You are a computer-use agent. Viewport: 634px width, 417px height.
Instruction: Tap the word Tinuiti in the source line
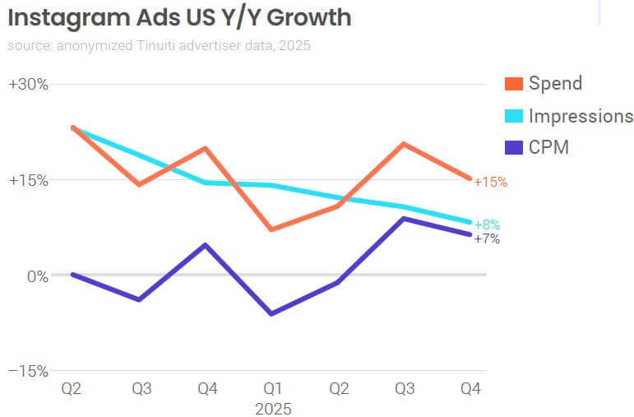[173, 45]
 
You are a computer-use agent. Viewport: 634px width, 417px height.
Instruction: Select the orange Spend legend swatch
[514, 83]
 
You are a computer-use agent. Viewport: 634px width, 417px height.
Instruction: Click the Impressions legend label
[581, 116]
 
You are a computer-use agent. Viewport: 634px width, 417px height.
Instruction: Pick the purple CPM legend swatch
[514, 148]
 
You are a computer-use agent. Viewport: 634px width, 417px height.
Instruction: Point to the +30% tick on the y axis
[29, 84]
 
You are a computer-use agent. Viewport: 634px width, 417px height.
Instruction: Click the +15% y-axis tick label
[29, 180]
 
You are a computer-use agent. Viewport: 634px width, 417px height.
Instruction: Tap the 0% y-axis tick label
[38, 276]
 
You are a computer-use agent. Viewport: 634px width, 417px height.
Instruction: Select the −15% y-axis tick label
[29, 372]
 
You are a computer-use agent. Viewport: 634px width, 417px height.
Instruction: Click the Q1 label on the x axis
[271, 389]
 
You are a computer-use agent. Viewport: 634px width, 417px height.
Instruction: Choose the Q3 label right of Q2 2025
[405, 389]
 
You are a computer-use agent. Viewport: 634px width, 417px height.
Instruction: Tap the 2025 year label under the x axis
[271, 408]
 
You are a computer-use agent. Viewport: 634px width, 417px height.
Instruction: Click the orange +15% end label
[491, 182]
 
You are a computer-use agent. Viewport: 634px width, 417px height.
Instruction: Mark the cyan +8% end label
[487, 225]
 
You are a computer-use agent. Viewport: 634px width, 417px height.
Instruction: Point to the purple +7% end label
[487, 239]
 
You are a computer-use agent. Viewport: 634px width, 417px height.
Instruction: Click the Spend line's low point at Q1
[271, 229]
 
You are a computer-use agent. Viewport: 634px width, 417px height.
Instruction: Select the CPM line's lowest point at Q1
[271, 313]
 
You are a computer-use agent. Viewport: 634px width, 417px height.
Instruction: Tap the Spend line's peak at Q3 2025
[405, 144]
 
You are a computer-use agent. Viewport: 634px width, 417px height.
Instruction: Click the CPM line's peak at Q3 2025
[405, 218]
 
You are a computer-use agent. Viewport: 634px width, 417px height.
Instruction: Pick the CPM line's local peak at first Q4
[205, 245]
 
